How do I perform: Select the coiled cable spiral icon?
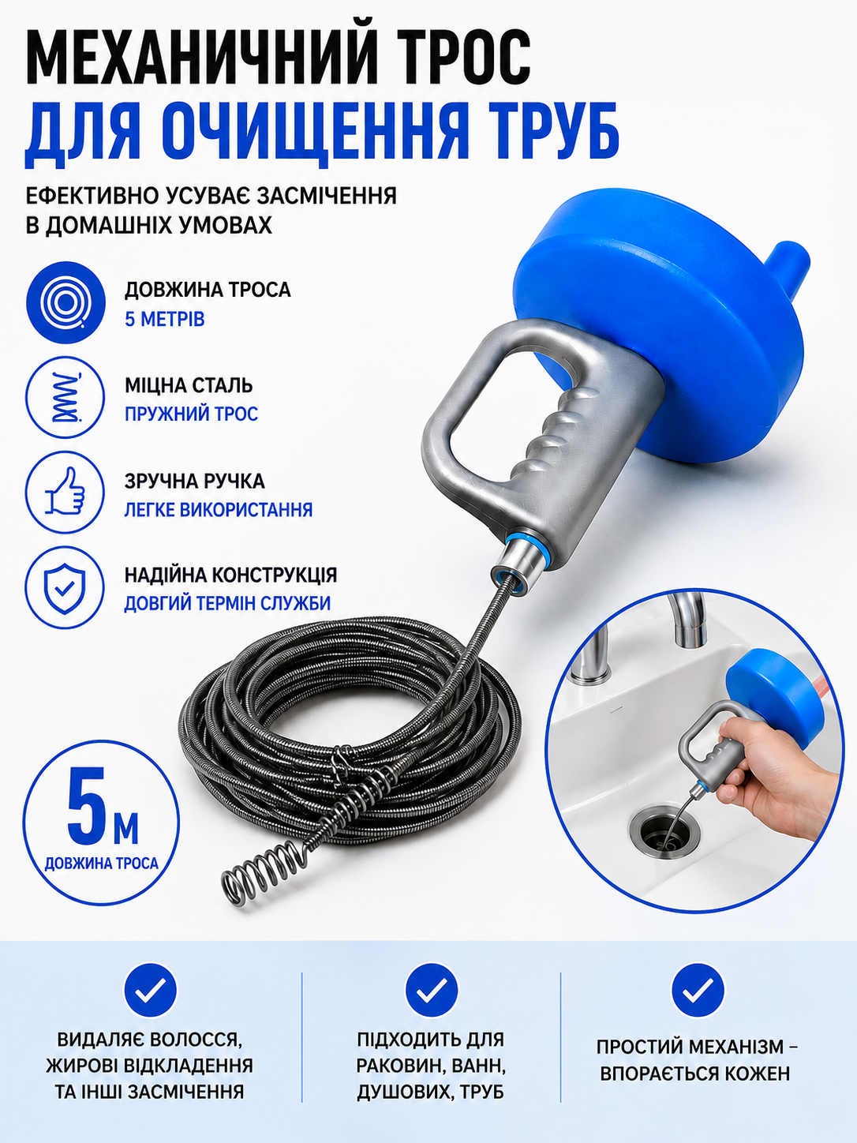65,302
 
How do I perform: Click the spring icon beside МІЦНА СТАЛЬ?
65,398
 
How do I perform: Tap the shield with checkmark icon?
65,588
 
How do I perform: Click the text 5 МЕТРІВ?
164,319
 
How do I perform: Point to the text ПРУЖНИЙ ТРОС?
191,414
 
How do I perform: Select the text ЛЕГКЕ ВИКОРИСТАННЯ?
218,509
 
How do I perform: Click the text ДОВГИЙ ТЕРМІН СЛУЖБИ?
227,604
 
